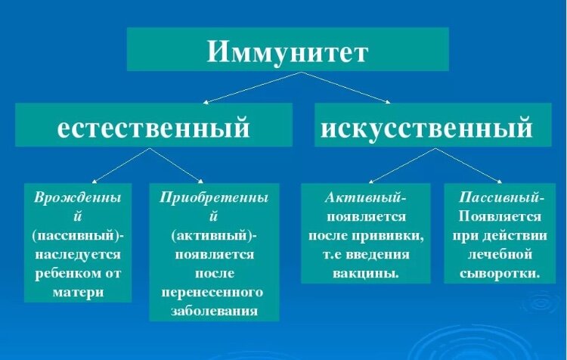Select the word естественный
click(x=153, y=127)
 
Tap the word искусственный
click(x=426, y=127)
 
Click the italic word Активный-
click(x=366, y=197)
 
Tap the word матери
click(x=79, y=292)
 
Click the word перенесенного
click(x=212, y=292)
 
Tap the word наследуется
click(x=79, y=254)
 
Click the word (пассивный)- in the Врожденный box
click(x=79, y=235)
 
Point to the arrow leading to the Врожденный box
click(x=119, y=165)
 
